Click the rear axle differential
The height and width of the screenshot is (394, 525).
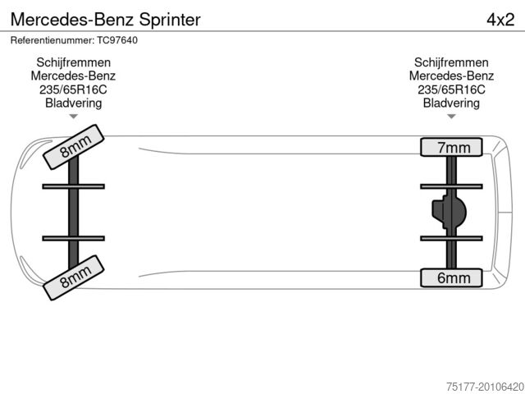pos(449,213)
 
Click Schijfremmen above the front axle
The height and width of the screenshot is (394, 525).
pos(74,62)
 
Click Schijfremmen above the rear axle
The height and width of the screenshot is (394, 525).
pos(451,62)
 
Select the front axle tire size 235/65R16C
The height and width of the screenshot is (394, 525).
pos(74,89)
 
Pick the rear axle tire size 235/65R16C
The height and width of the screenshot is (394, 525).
pos(451,89)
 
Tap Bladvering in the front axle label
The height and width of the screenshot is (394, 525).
pos(74,103)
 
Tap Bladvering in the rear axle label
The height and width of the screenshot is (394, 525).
pos(451,103)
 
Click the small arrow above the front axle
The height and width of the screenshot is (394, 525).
pos(74,117)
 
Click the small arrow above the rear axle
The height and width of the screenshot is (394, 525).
pos(451,117)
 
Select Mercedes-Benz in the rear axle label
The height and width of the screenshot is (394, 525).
pos(451,76)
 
